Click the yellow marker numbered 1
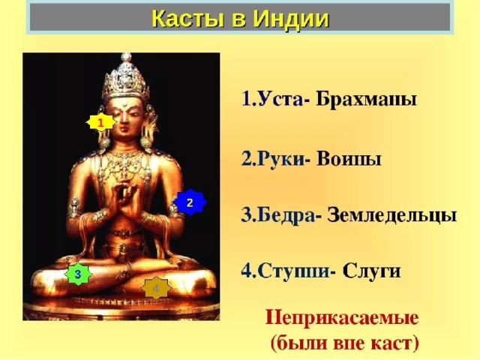(x=100, y=122)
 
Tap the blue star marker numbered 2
(x=190, y=202)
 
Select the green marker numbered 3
(x=78, y=274)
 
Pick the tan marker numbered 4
(x=156, y=288)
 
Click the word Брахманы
(x=366, y=99)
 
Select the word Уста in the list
(x=280, y=99)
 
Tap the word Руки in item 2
(x=281, y=159)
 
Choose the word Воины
(x=349, y=159)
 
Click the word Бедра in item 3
(x=286, y=215)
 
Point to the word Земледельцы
(x=392, y=215)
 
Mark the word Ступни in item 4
(x=293, y=271)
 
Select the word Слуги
(x=371, y=271)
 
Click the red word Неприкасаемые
(x=342, y=317)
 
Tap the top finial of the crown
(x=126, y=57)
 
